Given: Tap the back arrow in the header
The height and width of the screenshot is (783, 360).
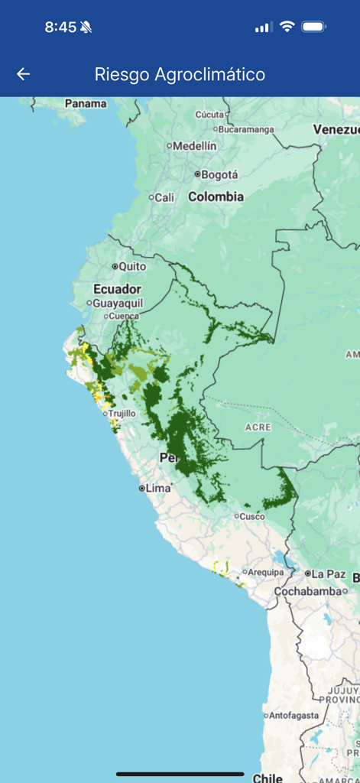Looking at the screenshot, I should point(24,74).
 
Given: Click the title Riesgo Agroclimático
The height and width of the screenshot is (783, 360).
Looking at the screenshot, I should point(180,74).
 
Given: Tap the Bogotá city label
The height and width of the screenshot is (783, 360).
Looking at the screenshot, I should point(219,174).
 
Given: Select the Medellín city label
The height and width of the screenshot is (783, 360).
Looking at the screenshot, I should point(194,145).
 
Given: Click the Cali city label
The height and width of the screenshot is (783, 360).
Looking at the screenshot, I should point(164,197).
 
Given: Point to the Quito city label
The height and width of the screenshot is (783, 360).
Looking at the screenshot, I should point(132,266).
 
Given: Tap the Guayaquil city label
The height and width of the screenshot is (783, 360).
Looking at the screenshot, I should point(117,303).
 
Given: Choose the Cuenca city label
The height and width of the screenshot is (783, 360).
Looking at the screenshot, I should point(124,316).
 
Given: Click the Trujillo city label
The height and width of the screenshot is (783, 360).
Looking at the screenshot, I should point(122,413).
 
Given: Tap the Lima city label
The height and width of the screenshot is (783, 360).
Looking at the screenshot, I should point(157,488).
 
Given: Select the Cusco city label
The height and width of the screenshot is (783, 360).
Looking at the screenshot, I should point(251,516).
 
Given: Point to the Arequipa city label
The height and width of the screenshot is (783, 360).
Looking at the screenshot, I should point(266,572).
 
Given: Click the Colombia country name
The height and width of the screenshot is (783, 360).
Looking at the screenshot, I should point(216,197).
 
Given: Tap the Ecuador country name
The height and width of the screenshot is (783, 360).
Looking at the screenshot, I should point(117,289).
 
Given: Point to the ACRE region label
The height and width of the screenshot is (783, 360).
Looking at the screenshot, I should point(258,427).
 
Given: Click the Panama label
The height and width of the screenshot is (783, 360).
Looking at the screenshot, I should point(86,103).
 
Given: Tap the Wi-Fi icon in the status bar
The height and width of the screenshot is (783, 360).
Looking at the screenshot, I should point(287,27).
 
